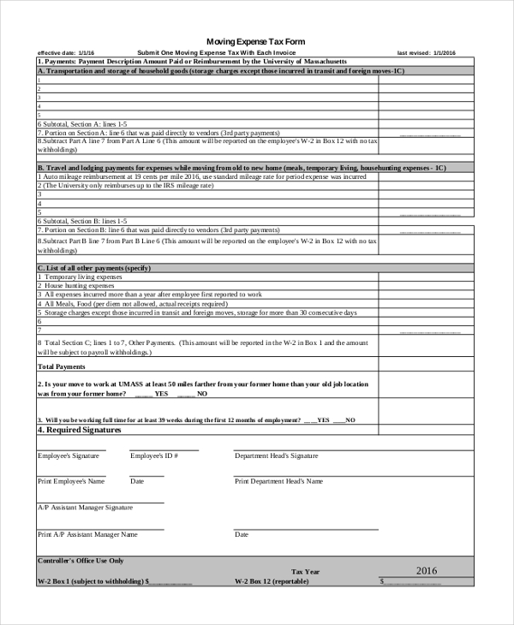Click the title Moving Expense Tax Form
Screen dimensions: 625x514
[256, 41]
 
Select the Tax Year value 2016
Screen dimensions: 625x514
[426, 570]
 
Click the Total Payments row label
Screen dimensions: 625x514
[61, 366]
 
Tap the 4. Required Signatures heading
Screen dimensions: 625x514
[79, 430]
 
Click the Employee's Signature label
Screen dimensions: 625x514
[69, 455]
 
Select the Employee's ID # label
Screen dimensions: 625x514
[154, 455]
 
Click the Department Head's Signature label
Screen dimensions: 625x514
[276, 455]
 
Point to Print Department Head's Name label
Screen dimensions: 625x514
[278, 481]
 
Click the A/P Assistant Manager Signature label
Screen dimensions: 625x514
[85, 507]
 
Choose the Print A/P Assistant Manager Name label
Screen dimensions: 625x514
[87, 533]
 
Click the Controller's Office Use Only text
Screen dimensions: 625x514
[81, 560]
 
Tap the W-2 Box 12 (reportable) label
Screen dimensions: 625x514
[272, 580]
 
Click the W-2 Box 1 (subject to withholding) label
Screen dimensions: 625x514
[93, 580]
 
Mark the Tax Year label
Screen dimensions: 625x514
[306, 571]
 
